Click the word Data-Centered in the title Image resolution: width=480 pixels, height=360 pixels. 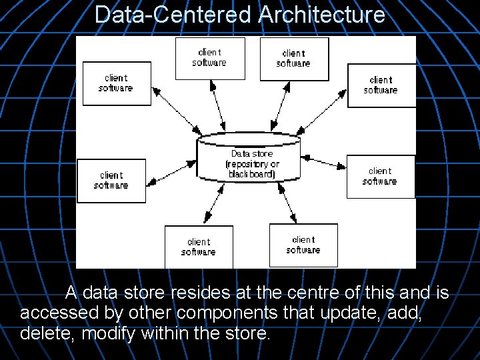tap(174, 14)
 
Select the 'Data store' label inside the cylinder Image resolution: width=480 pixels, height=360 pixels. tap(252, 153)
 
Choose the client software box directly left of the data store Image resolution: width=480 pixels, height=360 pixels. tap(111, 180)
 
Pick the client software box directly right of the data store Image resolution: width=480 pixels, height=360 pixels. tap(380, 177)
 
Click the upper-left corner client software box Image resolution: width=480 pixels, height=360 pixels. tap(116, 83)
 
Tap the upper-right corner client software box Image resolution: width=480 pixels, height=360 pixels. tap(381, 85)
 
